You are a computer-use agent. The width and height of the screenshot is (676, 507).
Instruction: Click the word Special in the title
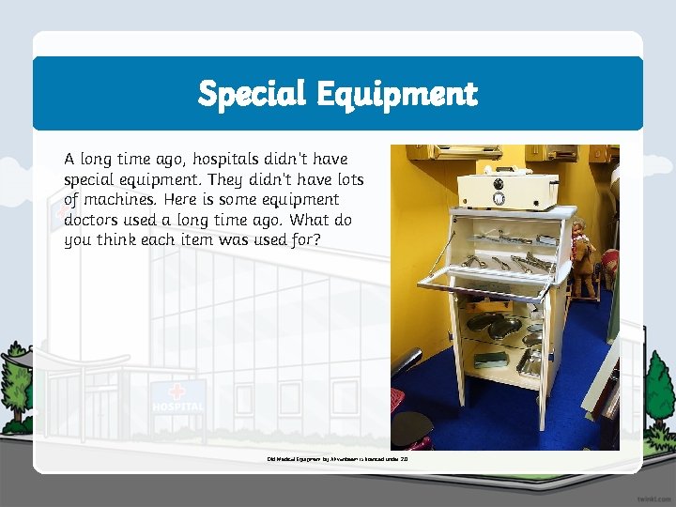[252, 93]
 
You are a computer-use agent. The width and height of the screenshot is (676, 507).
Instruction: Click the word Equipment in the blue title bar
[396, 95]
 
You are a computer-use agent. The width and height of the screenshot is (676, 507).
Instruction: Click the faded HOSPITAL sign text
[177, 407]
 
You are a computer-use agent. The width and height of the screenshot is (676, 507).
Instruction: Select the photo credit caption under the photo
[337, 460]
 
